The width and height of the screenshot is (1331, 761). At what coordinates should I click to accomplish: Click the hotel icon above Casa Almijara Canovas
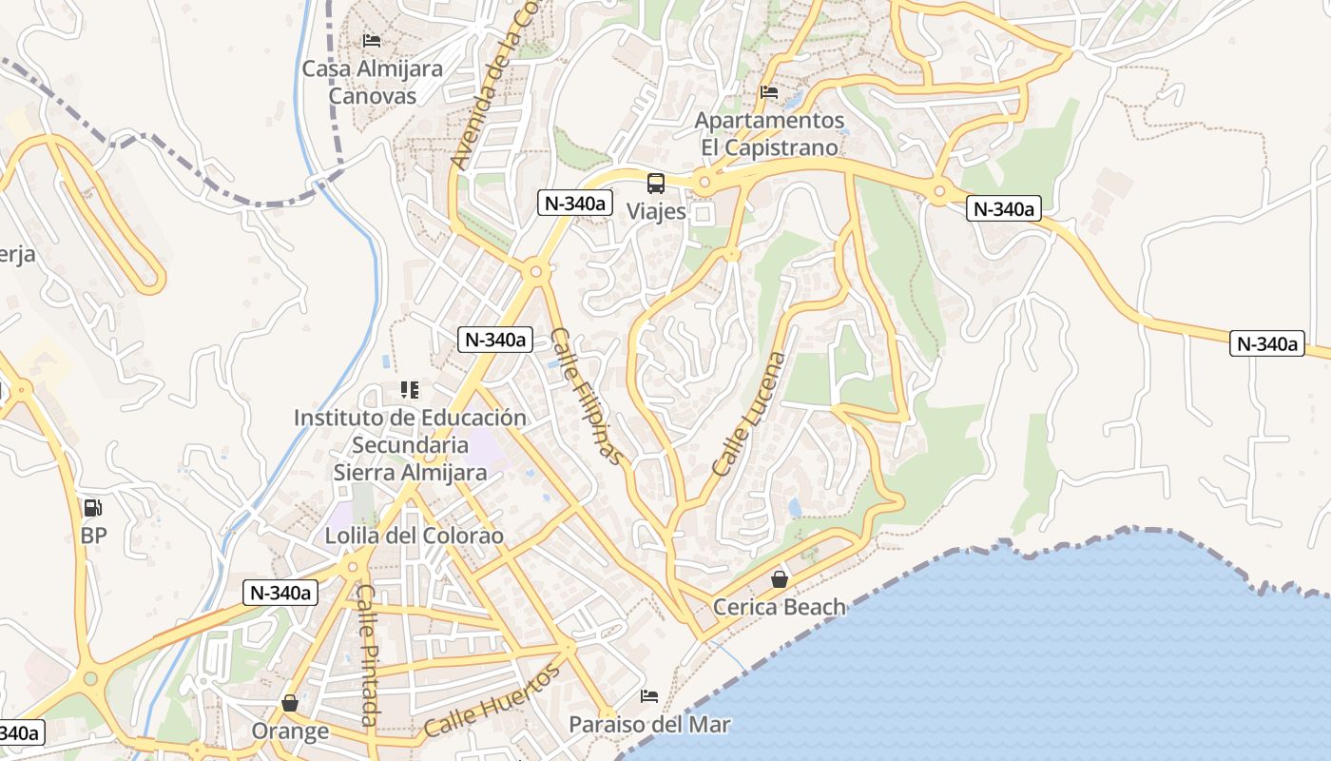tap(372, 41)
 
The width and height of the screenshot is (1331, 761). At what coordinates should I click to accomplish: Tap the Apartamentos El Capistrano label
tap(769, 134)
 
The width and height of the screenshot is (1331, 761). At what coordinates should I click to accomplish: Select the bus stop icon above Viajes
tap(656, 183)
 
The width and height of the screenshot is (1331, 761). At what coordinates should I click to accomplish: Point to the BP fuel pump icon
tap(92, 508)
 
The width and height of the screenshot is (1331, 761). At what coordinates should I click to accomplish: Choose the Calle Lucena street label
tap(750, 414)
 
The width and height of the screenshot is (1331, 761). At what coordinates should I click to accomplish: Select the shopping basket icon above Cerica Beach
tap(780, 578)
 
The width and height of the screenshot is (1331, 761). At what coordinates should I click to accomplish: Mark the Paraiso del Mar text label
tap(649, 724)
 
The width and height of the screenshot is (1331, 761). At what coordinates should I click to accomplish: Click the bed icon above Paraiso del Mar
tap(649, 696)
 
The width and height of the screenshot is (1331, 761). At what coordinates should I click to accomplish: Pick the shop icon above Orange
tap(290, 703)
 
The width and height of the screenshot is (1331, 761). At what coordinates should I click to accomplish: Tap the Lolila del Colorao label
tap(415, 536)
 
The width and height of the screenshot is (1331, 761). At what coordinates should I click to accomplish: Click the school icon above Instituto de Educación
tap(410, 389)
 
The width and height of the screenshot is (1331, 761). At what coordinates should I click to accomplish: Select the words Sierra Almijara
tap(410, 472)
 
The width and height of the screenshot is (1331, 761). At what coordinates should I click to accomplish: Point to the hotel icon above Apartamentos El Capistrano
tap(769, 92)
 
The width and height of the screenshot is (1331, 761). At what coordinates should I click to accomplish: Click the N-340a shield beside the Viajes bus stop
tap(573, 203)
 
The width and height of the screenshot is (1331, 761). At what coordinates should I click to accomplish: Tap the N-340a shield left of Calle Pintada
tap(280, 593)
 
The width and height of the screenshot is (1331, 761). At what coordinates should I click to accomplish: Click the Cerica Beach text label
tap(779, 607)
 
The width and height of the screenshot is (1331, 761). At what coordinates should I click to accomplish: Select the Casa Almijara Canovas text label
tap(372, 82)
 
